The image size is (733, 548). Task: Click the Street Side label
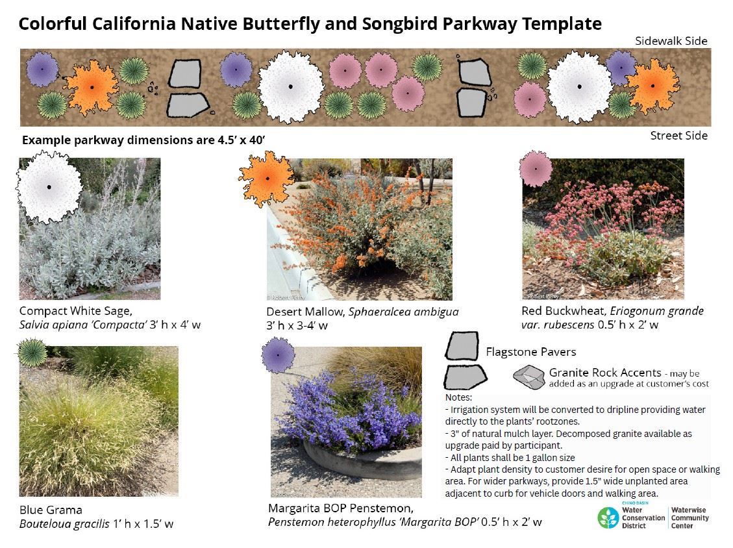[x=678, y=136]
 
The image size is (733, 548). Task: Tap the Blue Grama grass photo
[x=97, y=422]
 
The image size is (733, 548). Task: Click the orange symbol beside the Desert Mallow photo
[x=266, y=176]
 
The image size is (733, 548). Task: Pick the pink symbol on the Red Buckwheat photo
[x=536, y=168]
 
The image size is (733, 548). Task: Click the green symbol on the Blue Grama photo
[x=32, y=352]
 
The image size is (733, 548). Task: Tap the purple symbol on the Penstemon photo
[x=278, y=355]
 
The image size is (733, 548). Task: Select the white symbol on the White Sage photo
[x=49, y=188]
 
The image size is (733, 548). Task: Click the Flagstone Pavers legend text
[x=530, y=352]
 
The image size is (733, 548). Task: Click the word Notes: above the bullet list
[x=458, y=397]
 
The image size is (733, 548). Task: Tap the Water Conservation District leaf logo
[x=608, y=517]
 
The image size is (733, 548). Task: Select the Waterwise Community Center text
[x=690, y=518]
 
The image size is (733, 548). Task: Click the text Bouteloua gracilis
[x=64, y=524]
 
